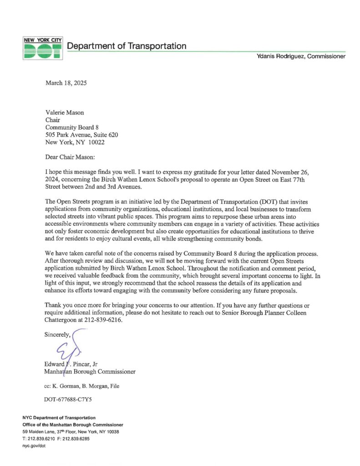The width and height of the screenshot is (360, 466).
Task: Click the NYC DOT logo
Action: tap(42, 48)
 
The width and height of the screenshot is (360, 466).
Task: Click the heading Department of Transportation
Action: tap(127, 46)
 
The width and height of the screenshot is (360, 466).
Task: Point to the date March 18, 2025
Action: tap(66, 83)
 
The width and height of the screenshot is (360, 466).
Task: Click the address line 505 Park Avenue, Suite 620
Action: tap(82, 135)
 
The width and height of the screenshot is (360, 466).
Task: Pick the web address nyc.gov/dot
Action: tap(34, 446)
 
